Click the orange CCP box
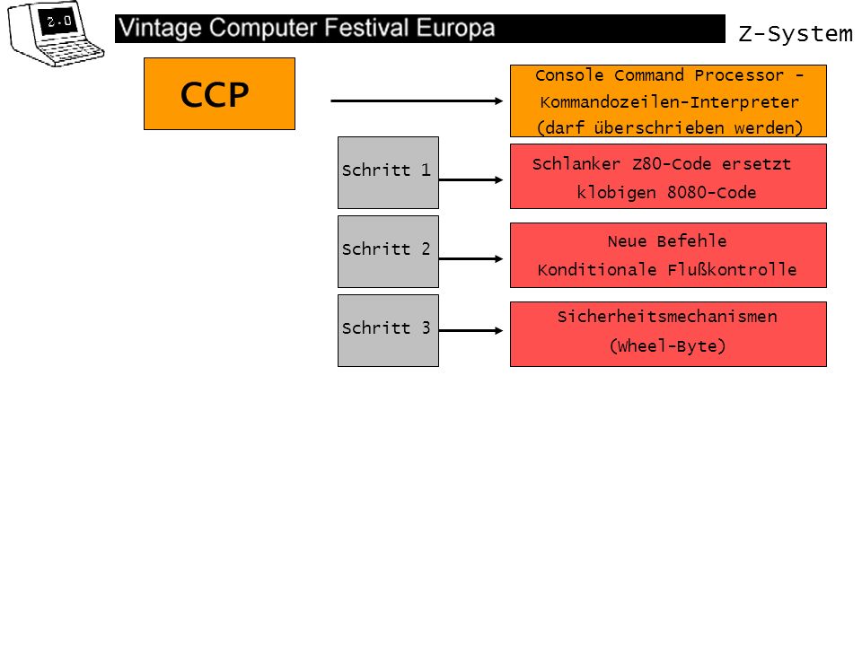click(x=219, y=94)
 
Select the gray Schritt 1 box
click(x=388, y=172)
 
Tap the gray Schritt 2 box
click(x=388, y=251)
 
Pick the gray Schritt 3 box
click(x=388, y=331)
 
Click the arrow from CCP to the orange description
click(x=417, y=101)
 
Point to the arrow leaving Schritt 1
click(x=471, y=179)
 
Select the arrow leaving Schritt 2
click(x=471, y=258)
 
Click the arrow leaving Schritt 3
click(x=471, y=331)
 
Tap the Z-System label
click(x=795, y=34)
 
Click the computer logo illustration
click(x=55, y=34)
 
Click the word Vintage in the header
click(x=160, y=29)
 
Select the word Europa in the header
click(x=456, y=28)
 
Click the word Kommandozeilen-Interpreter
click(x=669, y=102)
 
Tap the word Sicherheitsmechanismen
click(x=667, y=317)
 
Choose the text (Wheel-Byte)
click(x=667, y=346)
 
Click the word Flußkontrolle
click(x=733, y=270)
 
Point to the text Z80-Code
click(x=672, y=164)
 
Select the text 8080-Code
click(x=711, y=193)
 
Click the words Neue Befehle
click(x=667, y=241)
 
